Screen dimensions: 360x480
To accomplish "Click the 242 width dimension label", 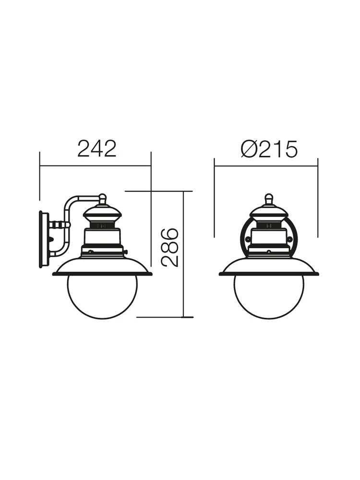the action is click(97, 149).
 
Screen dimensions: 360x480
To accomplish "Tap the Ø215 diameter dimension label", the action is click(269, 149).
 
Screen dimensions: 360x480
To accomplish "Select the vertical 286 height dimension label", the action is click(169, 248).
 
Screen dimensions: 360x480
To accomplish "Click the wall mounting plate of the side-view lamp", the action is click(44, 239).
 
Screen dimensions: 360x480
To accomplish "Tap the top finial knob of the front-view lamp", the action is click(269, 198).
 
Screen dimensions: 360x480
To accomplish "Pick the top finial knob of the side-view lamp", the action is click(103, 198).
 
